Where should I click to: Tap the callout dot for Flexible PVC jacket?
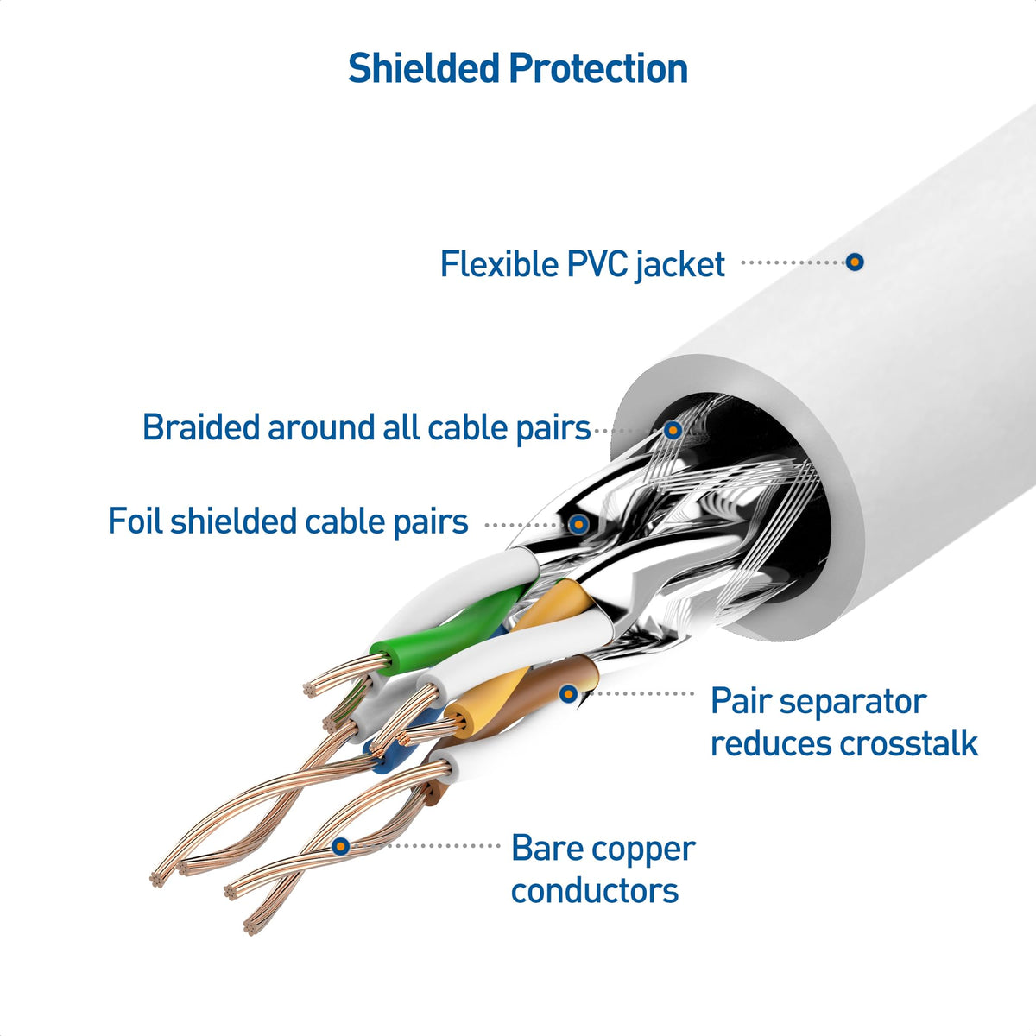(x=855, y=262)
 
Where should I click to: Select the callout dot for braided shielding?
(x=673, y=429)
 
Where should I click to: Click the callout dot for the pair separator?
(x=568, y=692)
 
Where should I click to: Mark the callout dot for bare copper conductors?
(x=341, y=846)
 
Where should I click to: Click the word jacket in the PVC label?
(x=680, y=264)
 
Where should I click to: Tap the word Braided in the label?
(x=200, y=427)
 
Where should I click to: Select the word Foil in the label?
(x=135, y=521)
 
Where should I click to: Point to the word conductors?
(x=595, y=890)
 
